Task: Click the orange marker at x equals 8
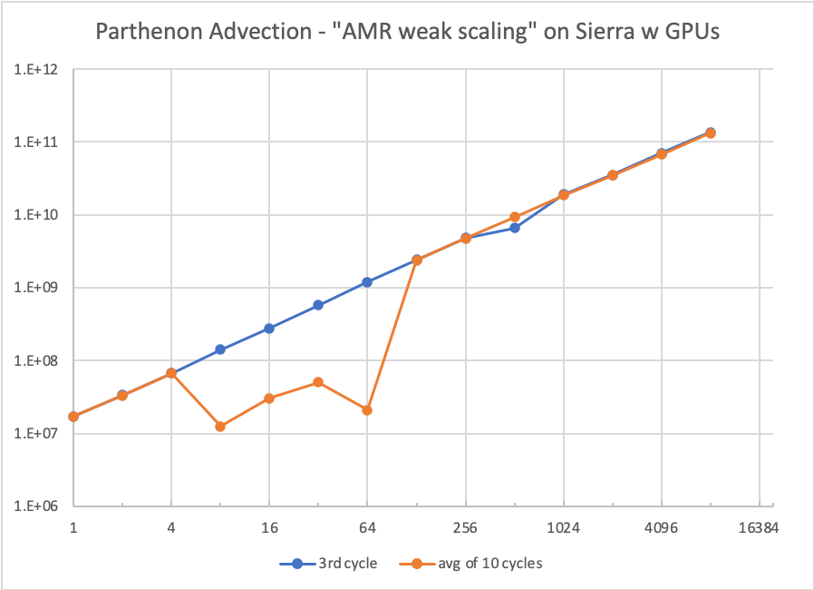pos(220,426)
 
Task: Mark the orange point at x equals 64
pos(367,410)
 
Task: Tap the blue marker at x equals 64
pos(367,282)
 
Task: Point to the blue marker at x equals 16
pos(269,329)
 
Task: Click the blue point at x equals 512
pos(514,228)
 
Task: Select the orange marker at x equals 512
pos(514,217)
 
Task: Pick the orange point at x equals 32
pos(318,382)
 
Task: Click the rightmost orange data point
pos(711,133)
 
